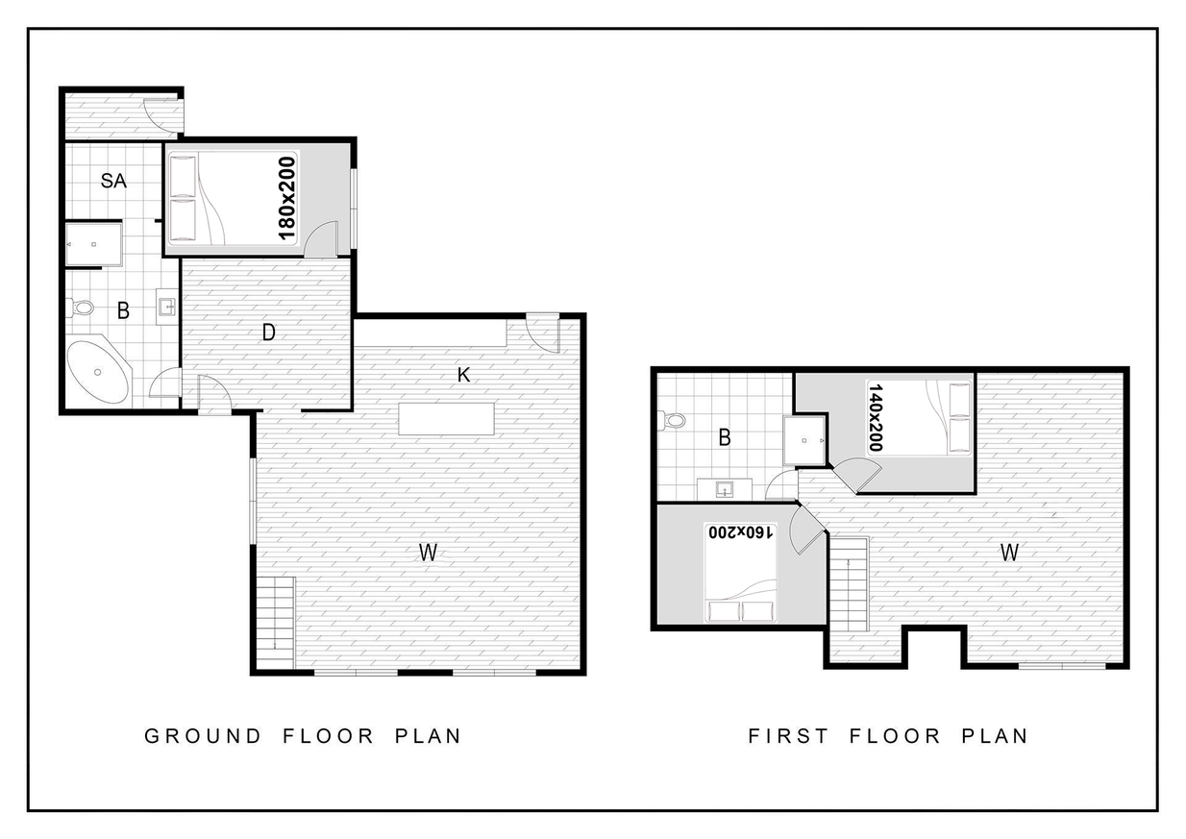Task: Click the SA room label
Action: point(113,181)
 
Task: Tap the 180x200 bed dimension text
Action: point(286,199)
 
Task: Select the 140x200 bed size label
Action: point(876,418)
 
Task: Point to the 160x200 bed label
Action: point(741,532)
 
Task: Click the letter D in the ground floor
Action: point(268,333)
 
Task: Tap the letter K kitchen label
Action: point(463,376)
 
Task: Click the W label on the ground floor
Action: point(428,553)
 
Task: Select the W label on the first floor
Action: point(1009,553)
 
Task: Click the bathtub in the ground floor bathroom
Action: point(98,372)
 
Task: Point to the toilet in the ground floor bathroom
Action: point(80,307)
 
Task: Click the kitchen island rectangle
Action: point(446,419)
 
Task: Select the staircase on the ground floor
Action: point(275,623)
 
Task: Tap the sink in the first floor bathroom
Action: point(725,489)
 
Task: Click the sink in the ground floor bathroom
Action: point(166,307)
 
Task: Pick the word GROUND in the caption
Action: point(203,736)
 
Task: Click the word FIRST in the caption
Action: point(788,736)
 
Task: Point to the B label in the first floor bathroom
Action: point(725,438)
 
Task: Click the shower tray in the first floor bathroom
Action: point(804,440)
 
